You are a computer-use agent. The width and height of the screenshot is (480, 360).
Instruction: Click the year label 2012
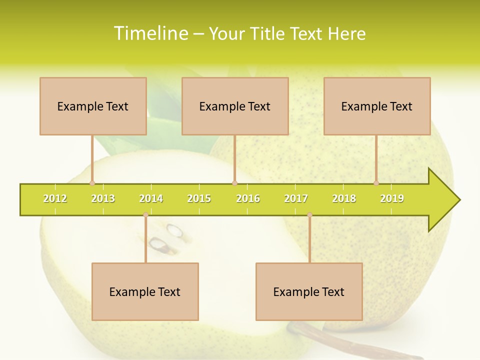pos(55,198)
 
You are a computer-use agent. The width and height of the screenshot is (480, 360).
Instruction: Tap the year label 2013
pos(103,198)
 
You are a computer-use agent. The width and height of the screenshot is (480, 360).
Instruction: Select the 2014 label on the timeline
pos(151,198)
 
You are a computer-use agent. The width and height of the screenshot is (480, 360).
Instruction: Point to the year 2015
pos(199,198)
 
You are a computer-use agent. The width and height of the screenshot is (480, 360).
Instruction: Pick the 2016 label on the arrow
pos(248,198)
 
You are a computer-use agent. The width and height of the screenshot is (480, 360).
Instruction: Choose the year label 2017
pos(296,198)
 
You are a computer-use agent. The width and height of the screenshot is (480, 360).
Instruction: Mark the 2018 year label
pos(344,198)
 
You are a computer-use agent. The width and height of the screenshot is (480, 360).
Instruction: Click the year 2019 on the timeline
pos(392,198)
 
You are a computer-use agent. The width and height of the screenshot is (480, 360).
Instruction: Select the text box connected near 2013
pos(93,106)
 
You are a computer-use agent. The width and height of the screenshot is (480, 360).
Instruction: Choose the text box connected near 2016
pos(235,106)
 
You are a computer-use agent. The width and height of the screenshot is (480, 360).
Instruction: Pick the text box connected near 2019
pos(377,106)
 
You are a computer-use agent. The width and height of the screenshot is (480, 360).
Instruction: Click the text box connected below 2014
pos(145,291)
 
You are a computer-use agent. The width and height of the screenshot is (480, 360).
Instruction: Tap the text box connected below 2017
pos(309,291)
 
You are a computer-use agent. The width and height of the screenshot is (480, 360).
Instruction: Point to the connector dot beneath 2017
pos(309,215)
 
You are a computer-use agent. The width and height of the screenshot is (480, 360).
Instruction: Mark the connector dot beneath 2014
pos(145,215)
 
